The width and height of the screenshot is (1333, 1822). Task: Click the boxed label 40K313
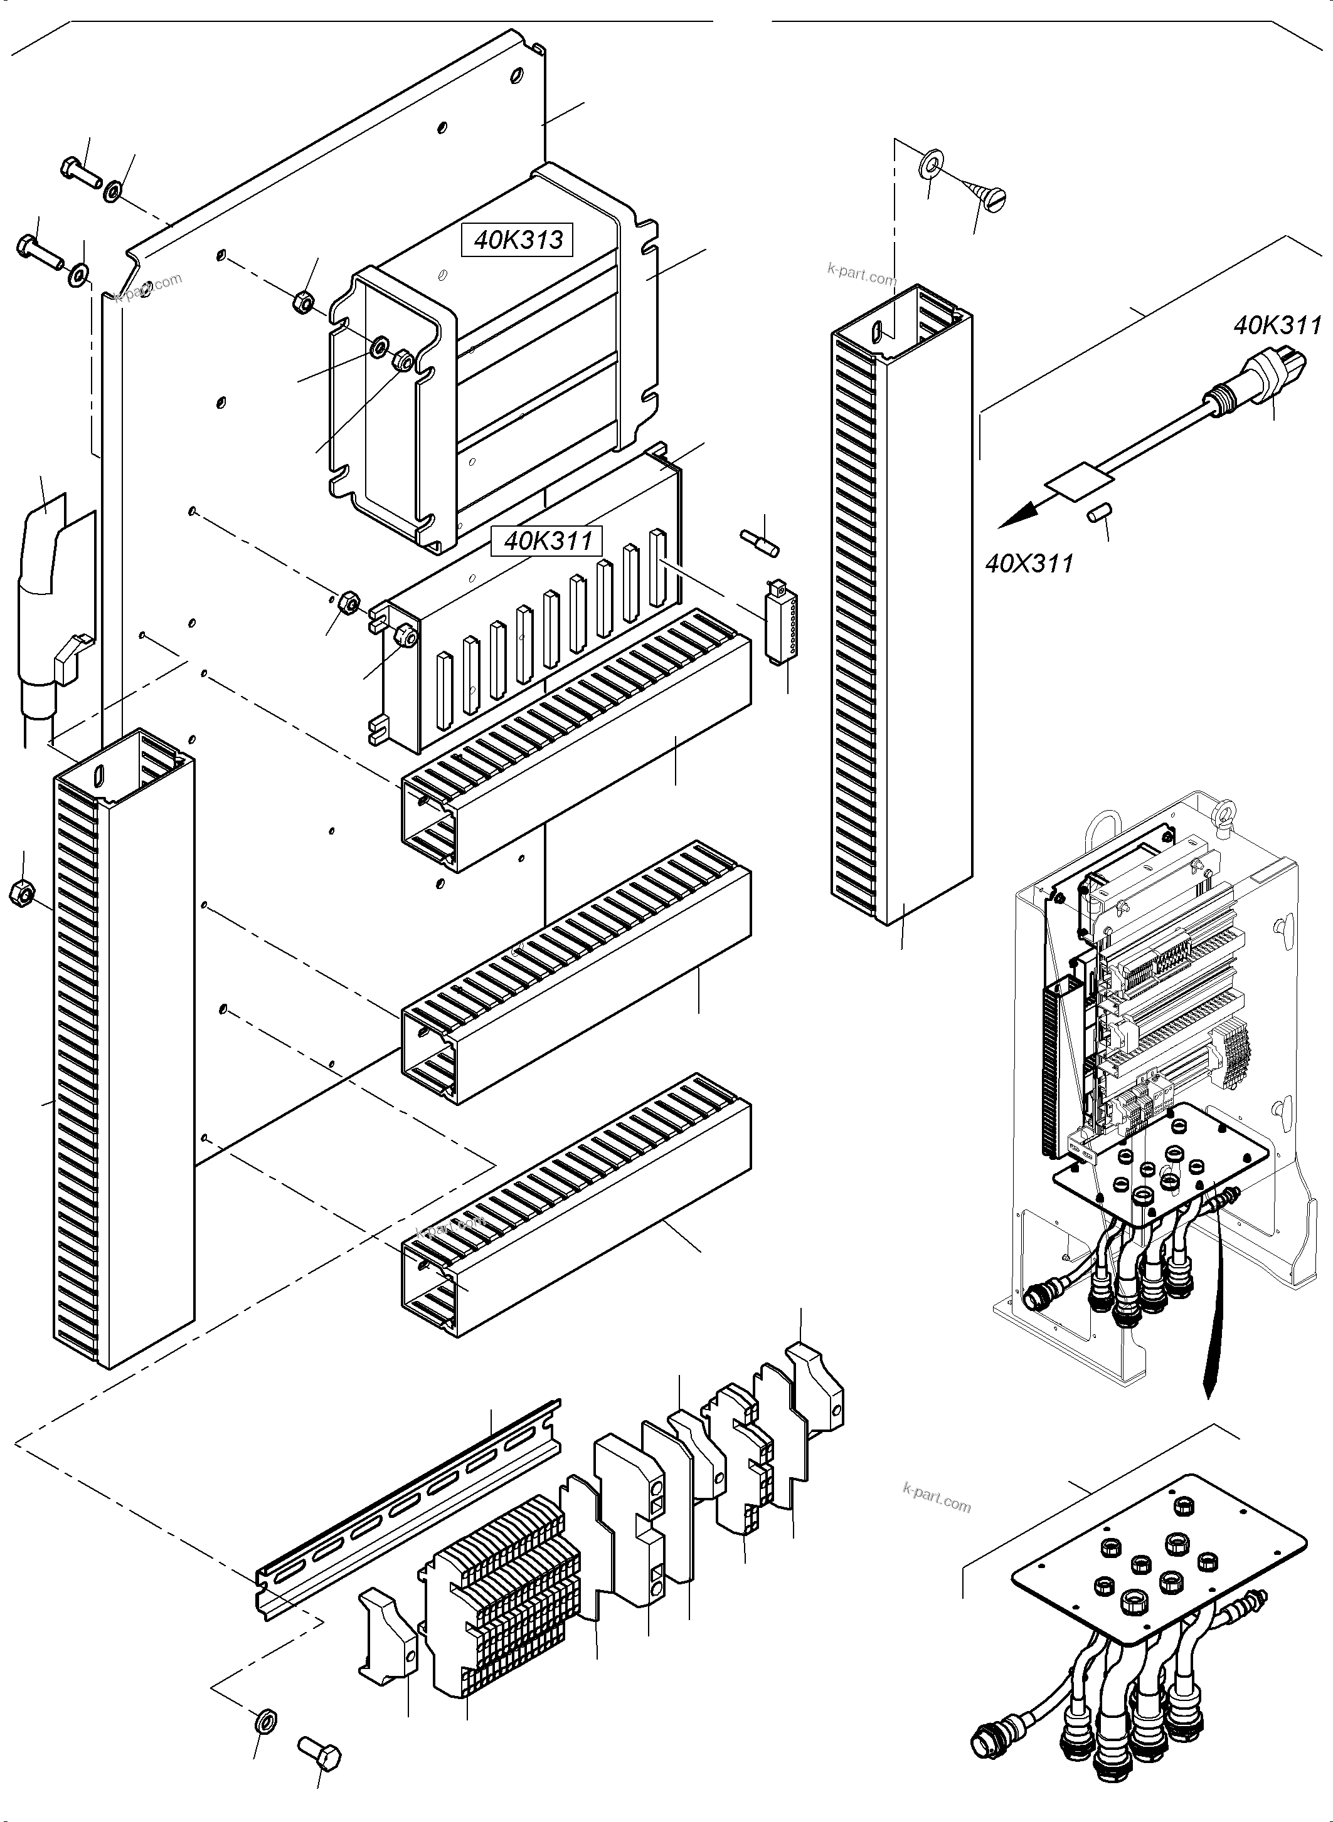[518, 240]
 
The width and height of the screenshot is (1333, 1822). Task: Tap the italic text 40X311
[1029, 562]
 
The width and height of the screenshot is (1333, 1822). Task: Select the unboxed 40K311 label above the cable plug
[1277, 326]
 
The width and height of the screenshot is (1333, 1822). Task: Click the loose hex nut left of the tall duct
[19, 893]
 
